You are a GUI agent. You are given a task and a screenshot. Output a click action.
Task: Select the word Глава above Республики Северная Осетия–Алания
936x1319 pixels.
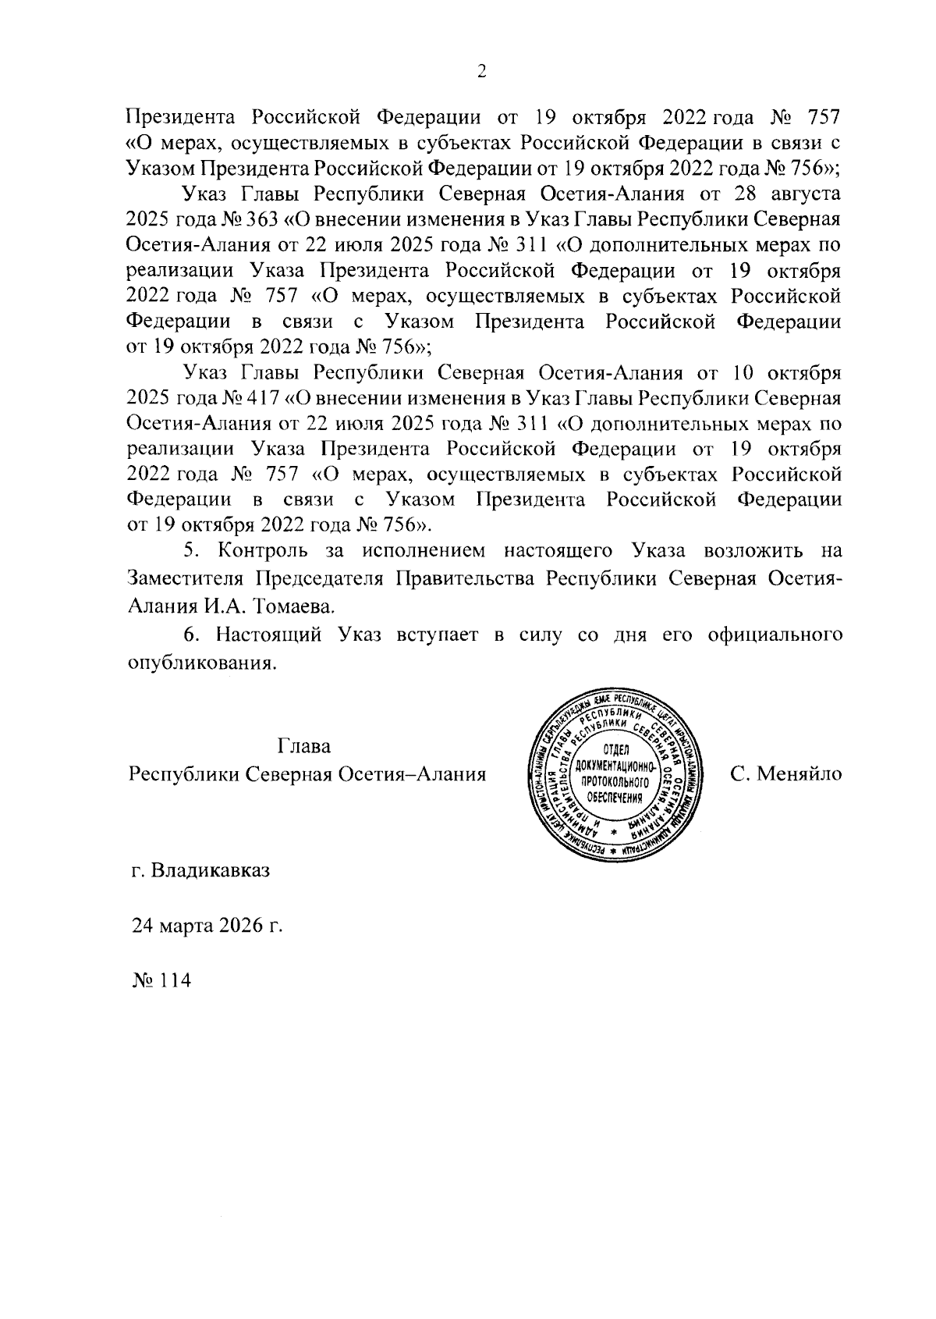(x=304, y=746)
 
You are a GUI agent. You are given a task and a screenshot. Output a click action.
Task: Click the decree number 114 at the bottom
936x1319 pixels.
(x=175, y=981)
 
